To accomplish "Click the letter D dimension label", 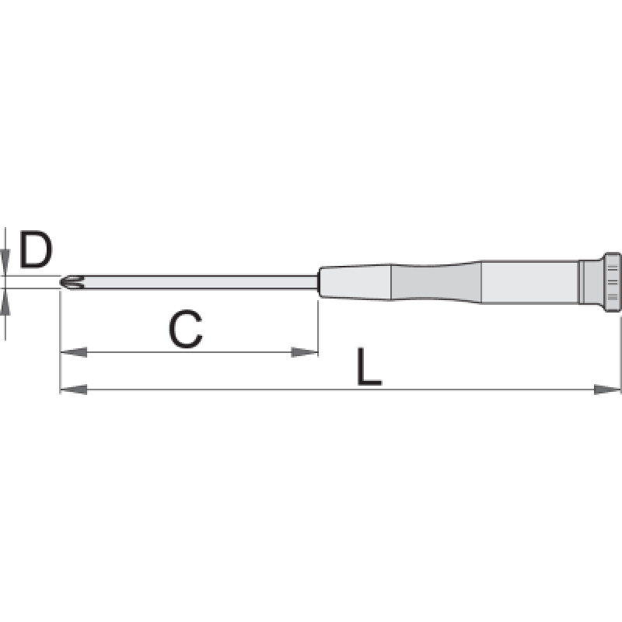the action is (x=36, y=250).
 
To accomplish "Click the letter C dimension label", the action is (x=185, y=329).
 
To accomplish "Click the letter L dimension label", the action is (x=369, y=367).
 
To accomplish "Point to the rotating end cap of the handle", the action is (x=611, y=282).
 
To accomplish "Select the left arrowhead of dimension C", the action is (x=73, y=352).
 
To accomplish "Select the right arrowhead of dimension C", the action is (x=304, y=352).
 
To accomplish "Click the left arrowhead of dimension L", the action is (x=73, y=390).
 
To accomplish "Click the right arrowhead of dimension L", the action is (x=607, y=390).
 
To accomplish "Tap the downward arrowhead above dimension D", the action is (x=5, y=262).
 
